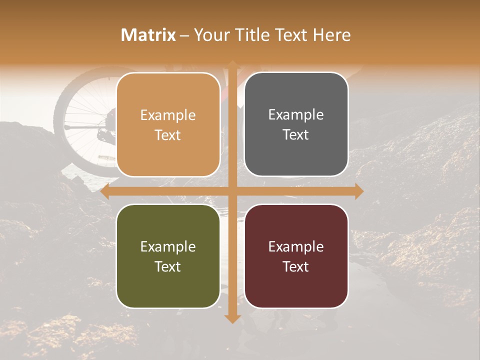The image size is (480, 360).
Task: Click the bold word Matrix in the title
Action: (148, 35)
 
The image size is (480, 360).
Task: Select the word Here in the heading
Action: (332, 35)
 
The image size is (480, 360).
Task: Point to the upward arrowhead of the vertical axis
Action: (232, 64)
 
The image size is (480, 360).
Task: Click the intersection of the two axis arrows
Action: (232, 191)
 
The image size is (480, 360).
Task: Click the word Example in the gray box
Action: (296, 115)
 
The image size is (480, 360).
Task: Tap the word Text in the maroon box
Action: (296, 266)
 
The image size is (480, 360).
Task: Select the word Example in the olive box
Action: (168, 246)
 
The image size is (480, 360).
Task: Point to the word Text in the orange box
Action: (168, 135)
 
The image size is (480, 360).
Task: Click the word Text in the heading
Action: (293, 35)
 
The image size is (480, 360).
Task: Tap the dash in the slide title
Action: (184, 35)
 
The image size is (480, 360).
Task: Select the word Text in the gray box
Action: (296, 134)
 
